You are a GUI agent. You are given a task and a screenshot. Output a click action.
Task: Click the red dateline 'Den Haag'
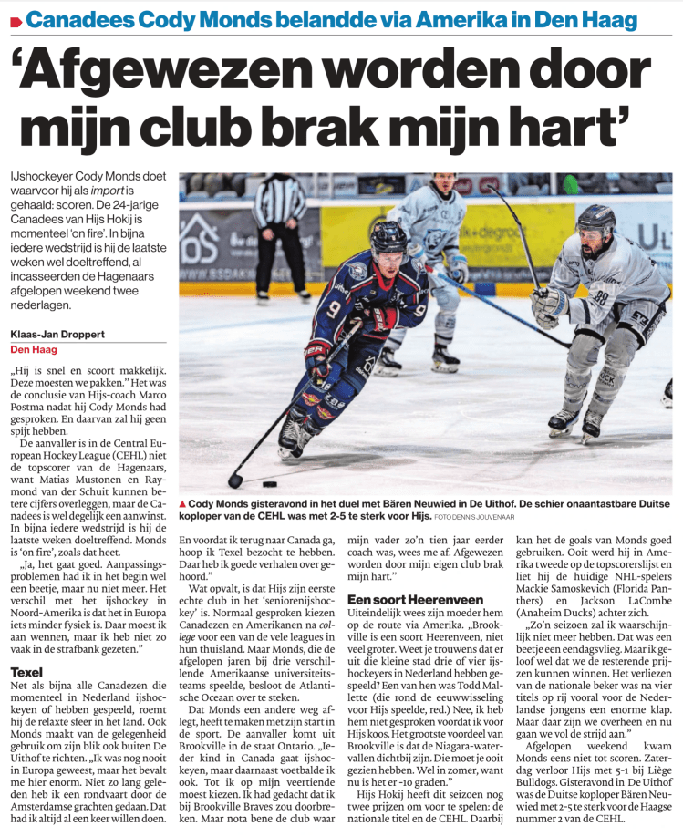point(33,348)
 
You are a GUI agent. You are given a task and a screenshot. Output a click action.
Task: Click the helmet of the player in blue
point(388,237)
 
